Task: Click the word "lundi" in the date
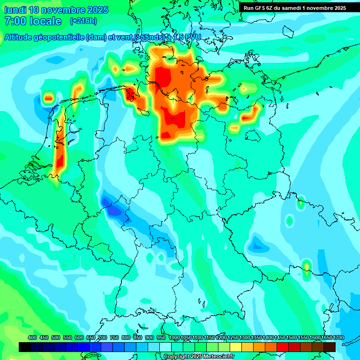[15, 10]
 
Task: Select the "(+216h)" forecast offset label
[83, 21]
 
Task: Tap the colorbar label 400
[32, 337]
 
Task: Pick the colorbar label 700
[103, 337]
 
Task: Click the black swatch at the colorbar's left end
[25, 347]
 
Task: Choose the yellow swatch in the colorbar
[236, 347]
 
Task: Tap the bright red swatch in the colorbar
[283, 347]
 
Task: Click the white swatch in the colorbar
[165, 347]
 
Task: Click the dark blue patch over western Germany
[112, 211]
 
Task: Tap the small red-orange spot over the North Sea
[48, 98]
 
